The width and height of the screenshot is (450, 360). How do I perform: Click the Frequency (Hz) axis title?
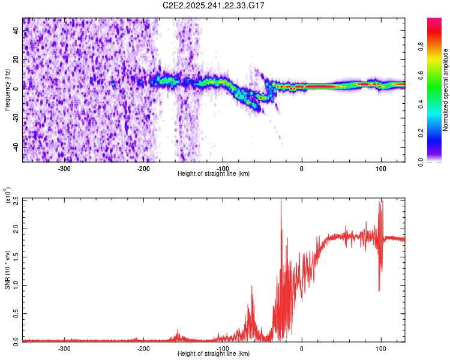pyautogui.click(x=7, y=89)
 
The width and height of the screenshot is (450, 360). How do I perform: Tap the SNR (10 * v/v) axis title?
pyautogui.click(x=7, y=269)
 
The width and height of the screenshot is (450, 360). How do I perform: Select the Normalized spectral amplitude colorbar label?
pyautogui.click(x=446, y=90)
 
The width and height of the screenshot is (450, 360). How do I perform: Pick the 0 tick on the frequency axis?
pyautogui.click(x=17, y=88)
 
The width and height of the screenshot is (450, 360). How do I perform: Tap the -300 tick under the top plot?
pyautogui.click(x=65, y=169)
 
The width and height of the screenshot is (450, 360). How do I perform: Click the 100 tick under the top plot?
pyautogui.click(x=380, y=169)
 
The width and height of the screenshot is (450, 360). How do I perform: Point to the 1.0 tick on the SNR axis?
pyautogui.click(x=15, y=285)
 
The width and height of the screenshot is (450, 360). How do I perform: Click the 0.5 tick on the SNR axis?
pyautogui.click(x=15, y=313)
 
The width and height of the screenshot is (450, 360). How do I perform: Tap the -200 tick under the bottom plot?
pyautogui.click(x=143, y=349)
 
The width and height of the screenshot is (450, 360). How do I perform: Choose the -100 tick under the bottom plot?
pyautogui.click(x=223, y=349)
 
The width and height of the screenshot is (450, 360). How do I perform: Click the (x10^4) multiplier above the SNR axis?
pyautogui.click(x=8, y=196)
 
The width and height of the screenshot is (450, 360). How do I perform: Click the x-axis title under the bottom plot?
pyautogui.click(x=214, y=355)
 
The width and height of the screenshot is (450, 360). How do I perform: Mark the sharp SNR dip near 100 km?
pyautogui.click(x=379, y=290)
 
